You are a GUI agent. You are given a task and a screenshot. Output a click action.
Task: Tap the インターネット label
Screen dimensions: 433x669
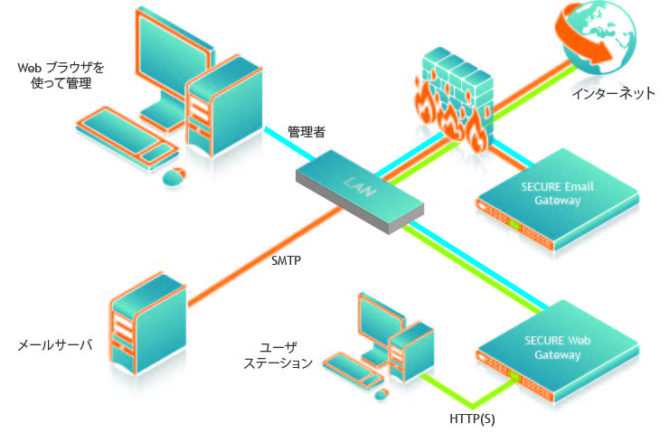click(612, 94)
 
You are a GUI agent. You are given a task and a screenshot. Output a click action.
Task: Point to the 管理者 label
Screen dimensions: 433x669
click(306, 132)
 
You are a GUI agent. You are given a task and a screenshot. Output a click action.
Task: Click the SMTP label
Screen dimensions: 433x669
click(286, 260)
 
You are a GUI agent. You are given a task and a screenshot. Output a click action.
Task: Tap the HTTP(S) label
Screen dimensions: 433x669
click(472, 419)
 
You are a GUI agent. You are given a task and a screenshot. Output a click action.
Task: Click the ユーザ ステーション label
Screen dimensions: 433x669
click(286, 355)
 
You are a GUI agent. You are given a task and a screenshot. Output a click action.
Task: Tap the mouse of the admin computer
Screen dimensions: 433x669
click(173, 176)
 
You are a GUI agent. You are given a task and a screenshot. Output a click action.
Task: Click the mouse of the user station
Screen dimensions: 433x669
click(381, 393)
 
